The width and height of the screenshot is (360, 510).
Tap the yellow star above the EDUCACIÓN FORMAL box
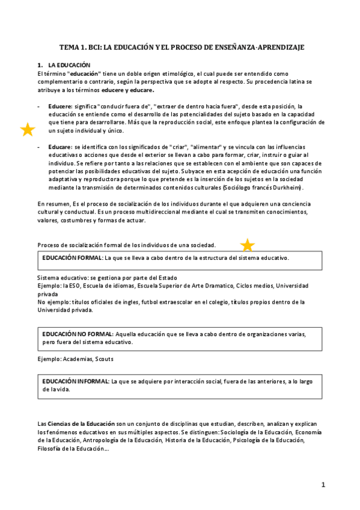(x=247, y=245)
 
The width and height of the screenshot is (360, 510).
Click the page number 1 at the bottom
(x=323, y=484)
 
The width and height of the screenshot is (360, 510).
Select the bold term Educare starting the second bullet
(x=60, y=147)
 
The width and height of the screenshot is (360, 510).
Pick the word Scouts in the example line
(x=103, y=358)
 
